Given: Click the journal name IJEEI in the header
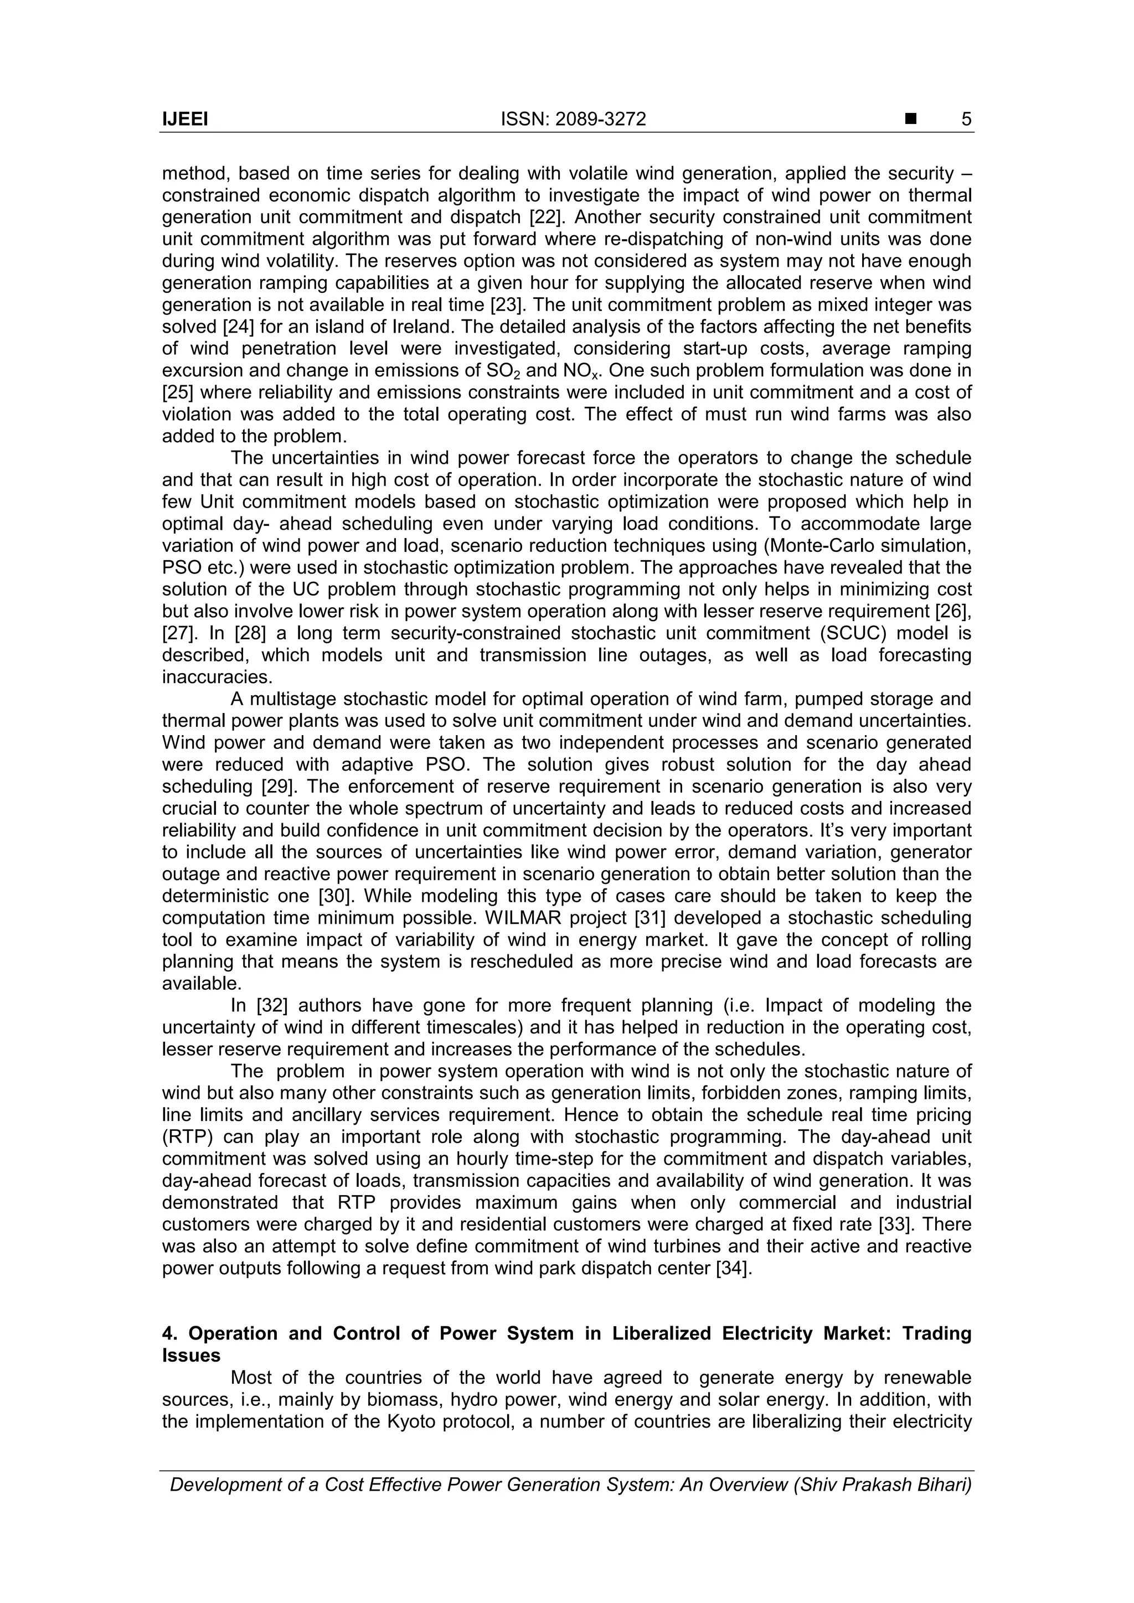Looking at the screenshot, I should click(x=185, y=120).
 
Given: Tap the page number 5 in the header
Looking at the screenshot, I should click(x=966, y=120).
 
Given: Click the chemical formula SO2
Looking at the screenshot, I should click(x=502, y=371).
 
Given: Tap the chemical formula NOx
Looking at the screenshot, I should click(x=580, y=371).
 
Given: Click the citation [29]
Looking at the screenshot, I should click(x=279, y=787).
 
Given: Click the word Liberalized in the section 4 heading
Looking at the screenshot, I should click(x=662, y=1333).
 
